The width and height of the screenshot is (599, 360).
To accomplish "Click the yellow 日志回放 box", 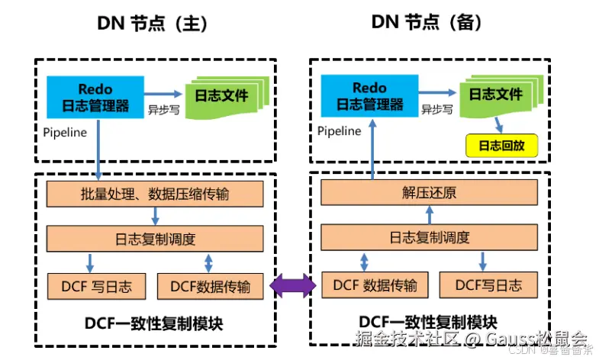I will (501, 145).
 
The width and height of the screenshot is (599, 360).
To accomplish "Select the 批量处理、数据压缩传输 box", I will (154, 194).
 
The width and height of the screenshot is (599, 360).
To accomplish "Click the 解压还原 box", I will (430, 193).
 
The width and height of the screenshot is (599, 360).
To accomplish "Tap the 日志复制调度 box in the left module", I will (154, 239).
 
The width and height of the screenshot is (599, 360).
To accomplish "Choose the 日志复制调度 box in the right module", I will (430, 237).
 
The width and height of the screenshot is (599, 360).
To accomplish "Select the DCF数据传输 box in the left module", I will (211, 286).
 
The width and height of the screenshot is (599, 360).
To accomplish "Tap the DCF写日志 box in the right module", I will (489, 285).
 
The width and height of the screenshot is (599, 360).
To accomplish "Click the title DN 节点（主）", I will (153, 23).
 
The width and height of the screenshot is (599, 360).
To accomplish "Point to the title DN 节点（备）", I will (427, 23).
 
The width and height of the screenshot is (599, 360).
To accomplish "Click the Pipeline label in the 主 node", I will (65, 132).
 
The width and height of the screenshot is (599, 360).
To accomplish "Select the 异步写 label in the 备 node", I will (437, 109).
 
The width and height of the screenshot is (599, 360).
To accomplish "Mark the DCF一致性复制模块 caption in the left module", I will (153, 324).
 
